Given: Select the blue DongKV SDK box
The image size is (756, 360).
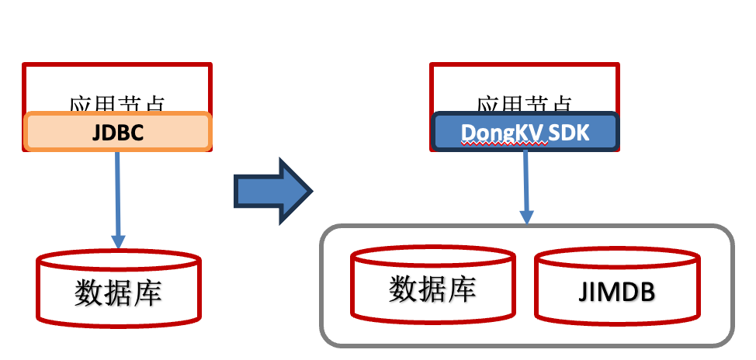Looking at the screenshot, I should tap(525, 131).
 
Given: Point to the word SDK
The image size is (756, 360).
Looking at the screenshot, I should tap(569, 133).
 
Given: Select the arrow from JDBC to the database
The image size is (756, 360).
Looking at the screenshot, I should tap(118, 198).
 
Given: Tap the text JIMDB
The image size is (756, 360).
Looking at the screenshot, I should tap(617, 292).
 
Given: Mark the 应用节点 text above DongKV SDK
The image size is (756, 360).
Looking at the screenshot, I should tap(525, 103).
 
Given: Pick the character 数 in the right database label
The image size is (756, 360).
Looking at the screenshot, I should tap(403, 289).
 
